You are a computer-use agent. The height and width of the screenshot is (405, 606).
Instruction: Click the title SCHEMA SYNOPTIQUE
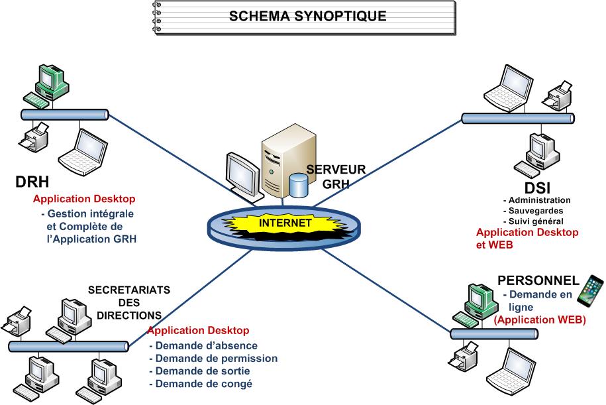click(307, 16)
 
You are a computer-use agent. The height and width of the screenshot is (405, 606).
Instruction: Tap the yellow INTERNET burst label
click(285, 223)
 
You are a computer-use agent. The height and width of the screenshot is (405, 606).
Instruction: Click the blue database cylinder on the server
click(299, 185)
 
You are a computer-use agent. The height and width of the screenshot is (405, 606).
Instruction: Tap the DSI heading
click(537, 188)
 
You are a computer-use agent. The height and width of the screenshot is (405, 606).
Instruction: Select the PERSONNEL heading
click(538, 280)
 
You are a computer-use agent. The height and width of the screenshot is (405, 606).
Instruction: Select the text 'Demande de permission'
click(213, 359)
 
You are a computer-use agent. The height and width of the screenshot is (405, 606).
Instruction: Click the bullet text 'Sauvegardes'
click(537, 211)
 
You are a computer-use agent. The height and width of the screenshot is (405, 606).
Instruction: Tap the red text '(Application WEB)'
click(540, 319)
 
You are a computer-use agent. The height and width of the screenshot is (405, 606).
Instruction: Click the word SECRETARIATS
click(129, 290)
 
